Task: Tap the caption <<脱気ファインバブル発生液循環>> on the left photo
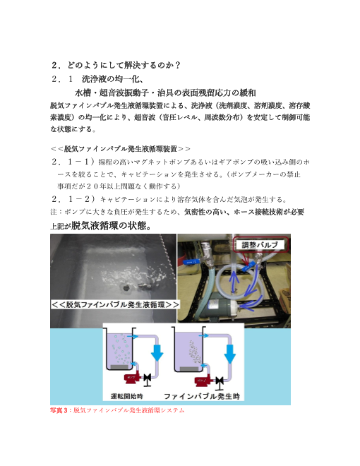[x=114, y=304]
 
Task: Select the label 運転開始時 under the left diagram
[x=127, y=396]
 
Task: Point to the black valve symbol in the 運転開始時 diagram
[x=148, y=379]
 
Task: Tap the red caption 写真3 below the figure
[x=60, y=410]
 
